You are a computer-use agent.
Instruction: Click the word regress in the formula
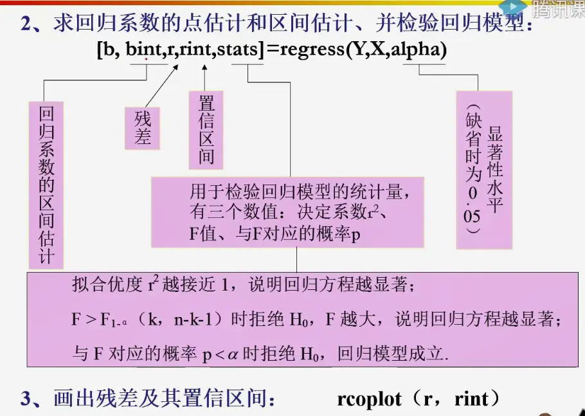pos(310,50)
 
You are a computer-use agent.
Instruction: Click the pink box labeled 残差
pos(142,128)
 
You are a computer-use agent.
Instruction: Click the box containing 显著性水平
pos(484,170)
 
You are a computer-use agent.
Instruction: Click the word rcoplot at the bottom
pos(368,399)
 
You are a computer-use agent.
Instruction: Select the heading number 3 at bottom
pos(25,399)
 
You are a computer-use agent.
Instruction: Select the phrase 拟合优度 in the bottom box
pos(107,285)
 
